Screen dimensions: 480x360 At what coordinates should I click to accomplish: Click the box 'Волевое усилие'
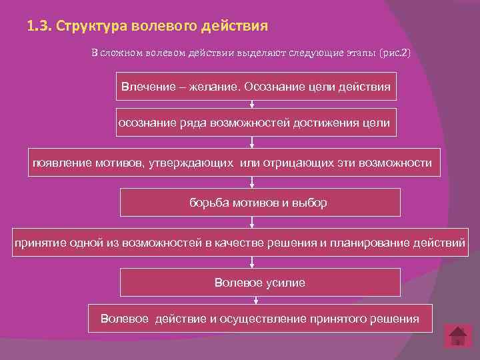click(260, 283)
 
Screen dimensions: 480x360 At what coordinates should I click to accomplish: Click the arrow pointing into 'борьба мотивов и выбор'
click(252, 183)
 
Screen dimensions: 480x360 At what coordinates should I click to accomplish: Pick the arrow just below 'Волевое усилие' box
click(252, 300)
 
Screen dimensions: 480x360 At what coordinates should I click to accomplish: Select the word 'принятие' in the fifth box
click(38, 243)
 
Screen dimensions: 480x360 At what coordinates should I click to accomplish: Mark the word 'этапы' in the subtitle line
click(361, 53)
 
